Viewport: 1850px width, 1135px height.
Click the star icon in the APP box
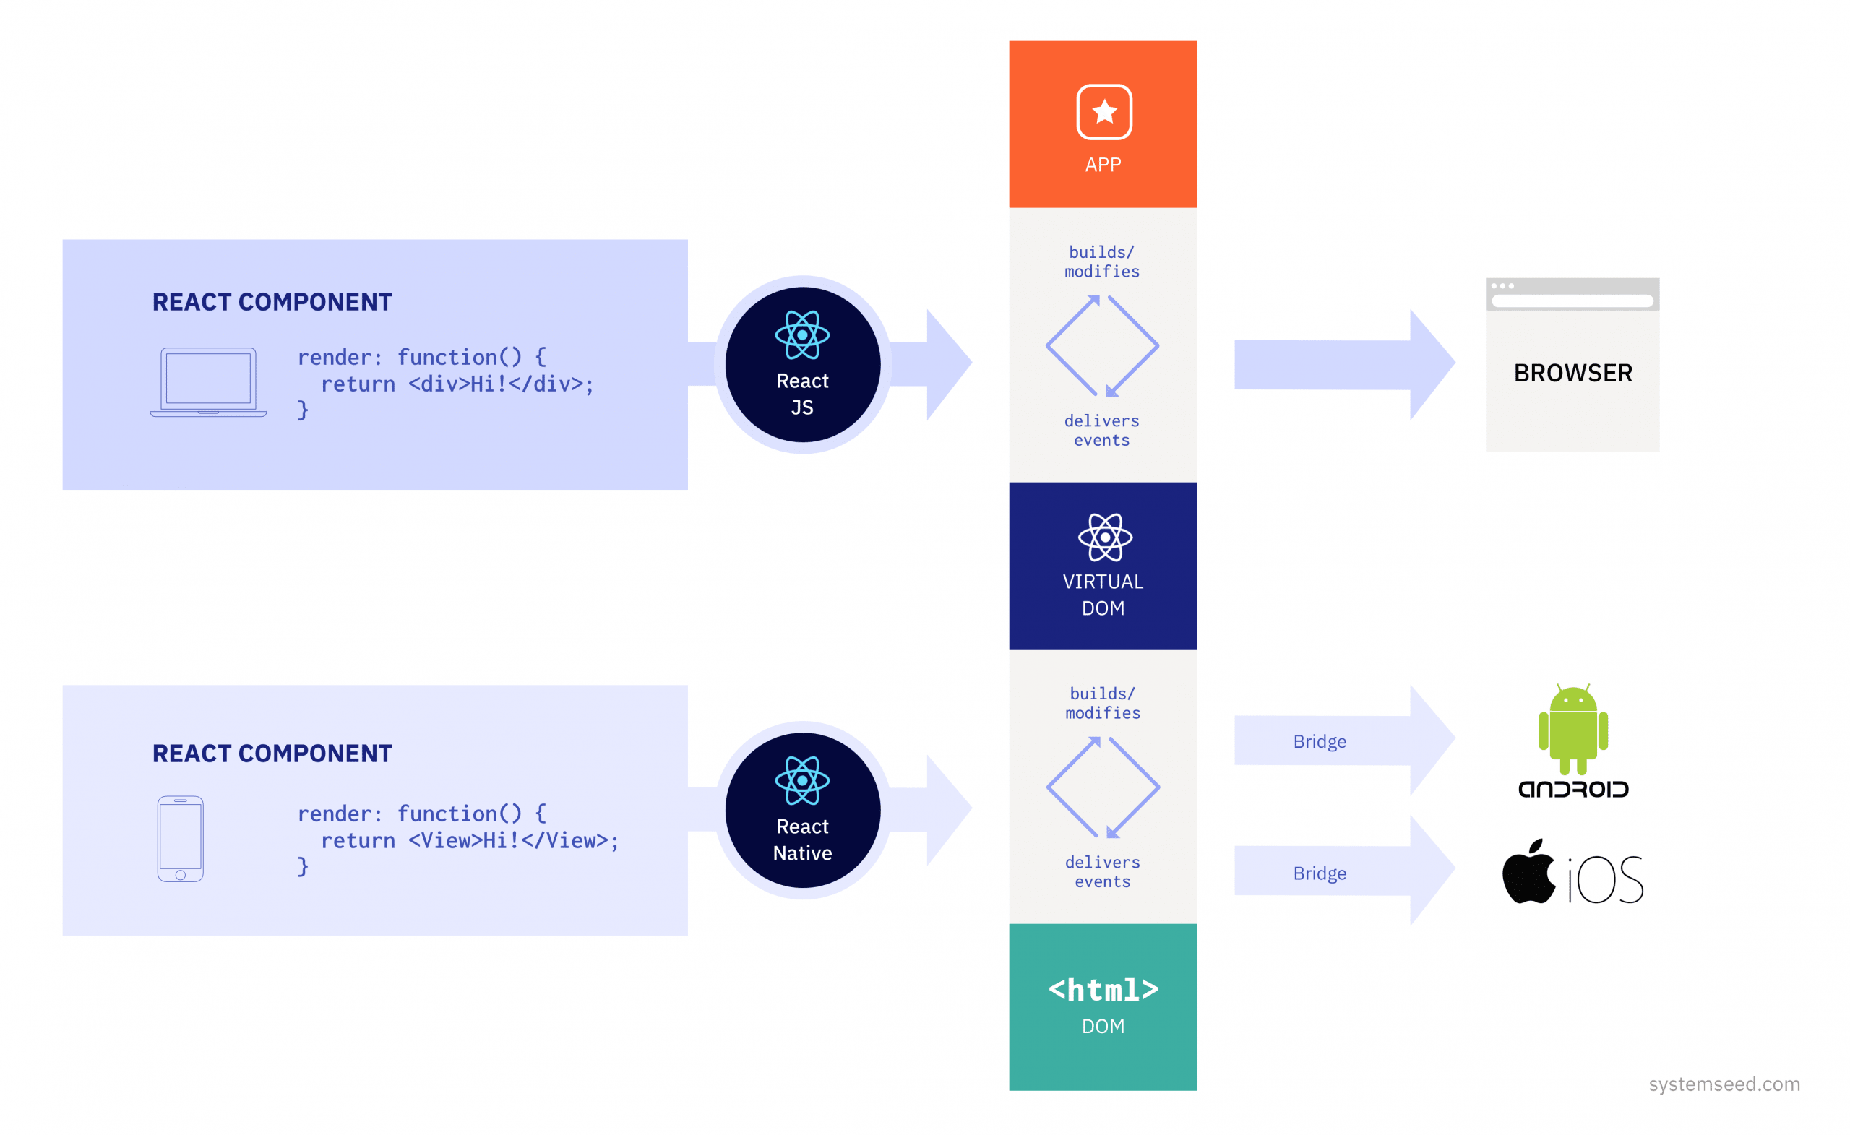[x=1103, y=112]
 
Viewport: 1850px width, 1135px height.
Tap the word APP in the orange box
[x=1102, y=165]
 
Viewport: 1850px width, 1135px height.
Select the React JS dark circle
[x=803, y=365]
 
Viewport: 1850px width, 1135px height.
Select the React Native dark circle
[x=803, y=810]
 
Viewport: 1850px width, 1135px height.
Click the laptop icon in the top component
[x=208, y=381]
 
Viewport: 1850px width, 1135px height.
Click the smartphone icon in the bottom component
[x=180, y=839]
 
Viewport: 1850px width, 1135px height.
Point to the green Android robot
[x=1573, y=729]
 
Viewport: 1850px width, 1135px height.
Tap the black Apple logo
[x=1528, y=872]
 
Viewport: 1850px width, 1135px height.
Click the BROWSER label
[x=1572, y=373]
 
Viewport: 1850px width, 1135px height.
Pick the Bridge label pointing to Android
[x=1319, y=742]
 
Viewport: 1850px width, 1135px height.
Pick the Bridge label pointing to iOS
[x=1319, y=873]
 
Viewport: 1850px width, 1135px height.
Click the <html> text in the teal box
[x=1103, y=990]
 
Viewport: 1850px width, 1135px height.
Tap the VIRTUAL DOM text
[x=1103, y=595]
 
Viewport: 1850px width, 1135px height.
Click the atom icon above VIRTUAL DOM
[x=1104, y=538]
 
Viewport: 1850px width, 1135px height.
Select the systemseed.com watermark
[x=1724, y=1084]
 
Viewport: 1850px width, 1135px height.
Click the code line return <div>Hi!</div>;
[x=457, y=384]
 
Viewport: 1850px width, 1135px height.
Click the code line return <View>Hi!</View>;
[x=469, y=841]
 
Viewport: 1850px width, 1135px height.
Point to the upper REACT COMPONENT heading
[x=272, y=302]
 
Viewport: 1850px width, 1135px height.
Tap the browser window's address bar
[x=1572, y=301]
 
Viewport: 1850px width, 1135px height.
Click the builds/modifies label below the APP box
[x=1101, y=262]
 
